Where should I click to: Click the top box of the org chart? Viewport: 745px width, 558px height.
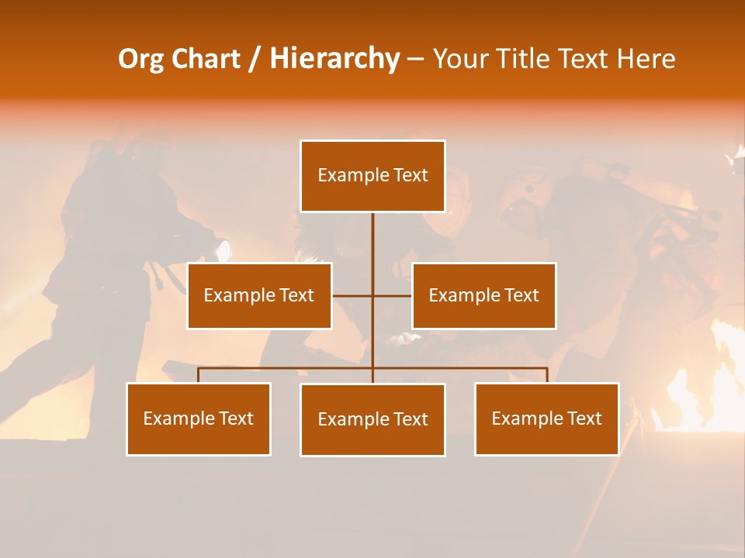tap(372, 176)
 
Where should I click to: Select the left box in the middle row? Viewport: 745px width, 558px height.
tap(259, 295)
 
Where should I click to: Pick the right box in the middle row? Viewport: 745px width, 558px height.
tap(483, 295)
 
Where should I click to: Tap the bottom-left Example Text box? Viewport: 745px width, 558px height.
tap(199, 418)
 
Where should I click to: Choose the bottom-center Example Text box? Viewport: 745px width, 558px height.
tap(372, 419)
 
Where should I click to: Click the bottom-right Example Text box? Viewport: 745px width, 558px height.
tap(546, 418)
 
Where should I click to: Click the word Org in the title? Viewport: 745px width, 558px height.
tap(140, 59)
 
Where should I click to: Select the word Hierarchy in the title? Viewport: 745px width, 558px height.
tap(334, 59)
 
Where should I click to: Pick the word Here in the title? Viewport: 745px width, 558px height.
tap(646, 59)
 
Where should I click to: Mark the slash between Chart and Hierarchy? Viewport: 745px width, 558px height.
tap(255, 59)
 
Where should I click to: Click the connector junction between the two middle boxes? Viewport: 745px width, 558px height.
tap(372, 295)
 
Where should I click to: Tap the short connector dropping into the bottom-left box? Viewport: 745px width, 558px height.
tap(199, 375)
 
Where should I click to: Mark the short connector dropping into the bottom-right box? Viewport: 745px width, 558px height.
tap(546, 375)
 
